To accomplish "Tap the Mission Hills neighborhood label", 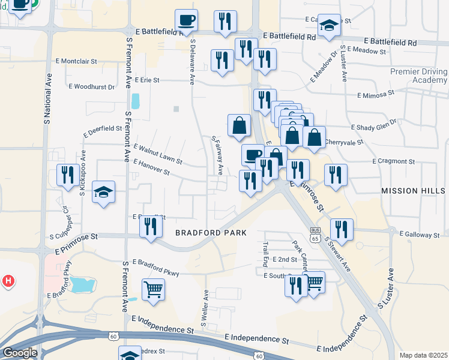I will pyautogui.click(x=414, y=190).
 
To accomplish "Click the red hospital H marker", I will pyautogui.click(x=8, y=280).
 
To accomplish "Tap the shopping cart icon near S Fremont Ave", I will pyautogui.click(x=153, y=289).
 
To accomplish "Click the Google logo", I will pyautogui.click(x=19, y=353).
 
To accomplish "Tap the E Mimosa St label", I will pyautogui.click(x=375, y=94).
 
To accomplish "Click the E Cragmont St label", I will pyautogui.click(x=394, y=161).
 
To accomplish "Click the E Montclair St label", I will pyautogui.click(x=76, y=61).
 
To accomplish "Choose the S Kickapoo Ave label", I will pyautogui.click(x=83, y=175).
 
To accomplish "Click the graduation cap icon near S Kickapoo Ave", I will pyautogui.click(x=104, y=193).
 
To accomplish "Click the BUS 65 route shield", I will pyautogui.click(x=315, y=234).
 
